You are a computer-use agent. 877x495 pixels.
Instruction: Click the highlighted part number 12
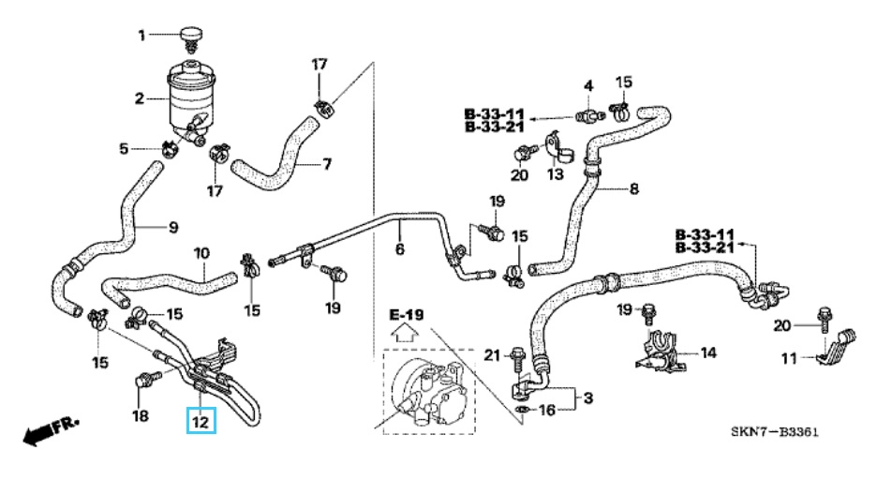[x=200, y=423]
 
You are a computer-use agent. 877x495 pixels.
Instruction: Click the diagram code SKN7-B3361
[x=775, y=432]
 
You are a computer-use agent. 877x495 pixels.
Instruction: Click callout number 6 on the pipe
[x=399, y=250]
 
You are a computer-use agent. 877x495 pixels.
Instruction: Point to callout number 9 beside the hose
[x=171, y=226]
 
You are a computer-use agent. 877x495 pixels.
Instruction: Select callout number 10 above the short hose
[x=201, y=253]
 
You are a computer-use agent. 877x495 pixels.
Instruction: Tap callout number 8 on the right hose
[x=633, y=188]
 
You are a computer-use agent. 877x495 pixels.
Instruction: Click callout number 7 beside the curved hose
[x=327, y=164]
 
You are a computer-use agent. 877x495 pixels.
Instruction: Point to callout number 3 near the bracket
[x=588, y=398]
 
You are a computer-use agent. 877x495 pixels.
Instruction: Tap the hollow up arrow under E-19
[x=405, y=331]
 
